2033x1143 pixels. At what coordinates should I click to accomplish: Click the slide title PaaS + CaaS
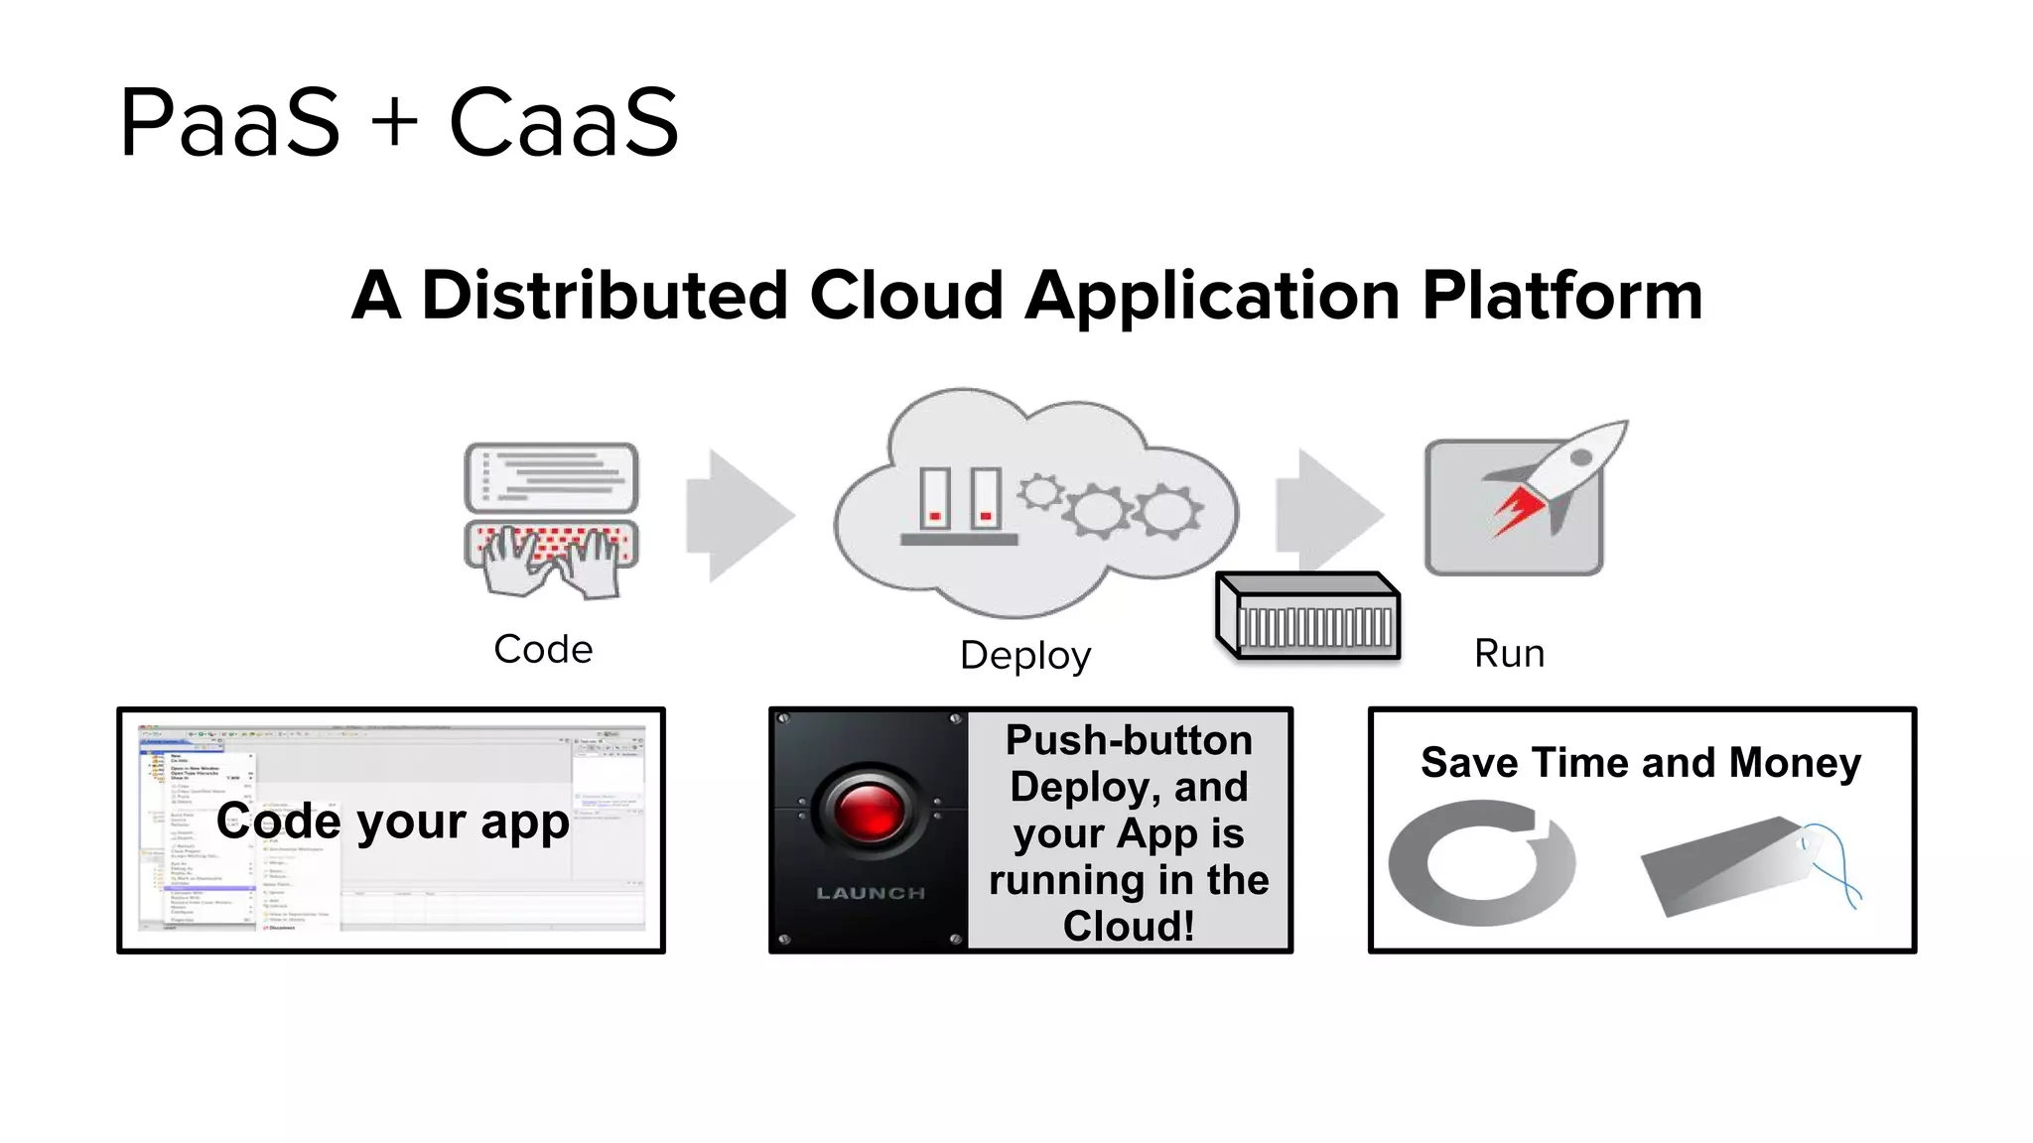[399, 122]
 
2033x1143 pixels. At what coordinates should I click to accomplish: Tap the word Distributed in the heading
[605, 296]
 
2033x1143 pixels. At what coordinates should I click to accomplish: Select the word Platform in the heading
[1561, 296]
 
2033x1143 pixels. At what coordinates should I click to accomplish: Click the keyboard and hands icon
[551, 519]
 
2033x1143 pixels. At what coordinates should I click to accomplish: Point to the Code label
[543, 650]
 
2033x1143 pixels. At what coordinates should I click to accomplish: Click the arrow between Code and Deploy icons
[739, 515]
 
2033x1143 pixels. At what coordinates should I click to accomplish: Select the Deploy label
[1025, 656]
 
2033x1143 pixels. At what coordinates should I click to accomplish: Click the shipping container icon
[1308, 616]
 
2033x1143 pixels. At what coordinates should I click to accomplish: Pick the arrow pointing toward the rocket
[1328, 511]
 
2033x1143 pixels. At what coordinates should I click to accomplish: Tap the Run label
[1509, 654]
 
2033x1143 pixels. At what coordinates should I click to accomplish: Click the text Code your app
[393, 822]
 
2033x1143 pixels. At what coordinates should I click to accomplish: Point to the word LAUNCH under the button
[871, 893]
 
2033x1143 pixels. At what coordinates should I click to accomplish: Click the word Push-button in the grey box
[1129, 740]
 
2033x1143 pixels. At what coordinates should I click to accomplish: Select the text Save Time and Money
[1641, 763]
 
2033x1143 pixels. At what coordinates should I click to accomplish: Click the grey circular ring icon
[1480, 862]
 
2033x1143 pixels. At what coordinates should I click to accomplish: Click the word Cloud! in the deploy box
[1129, 926]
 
